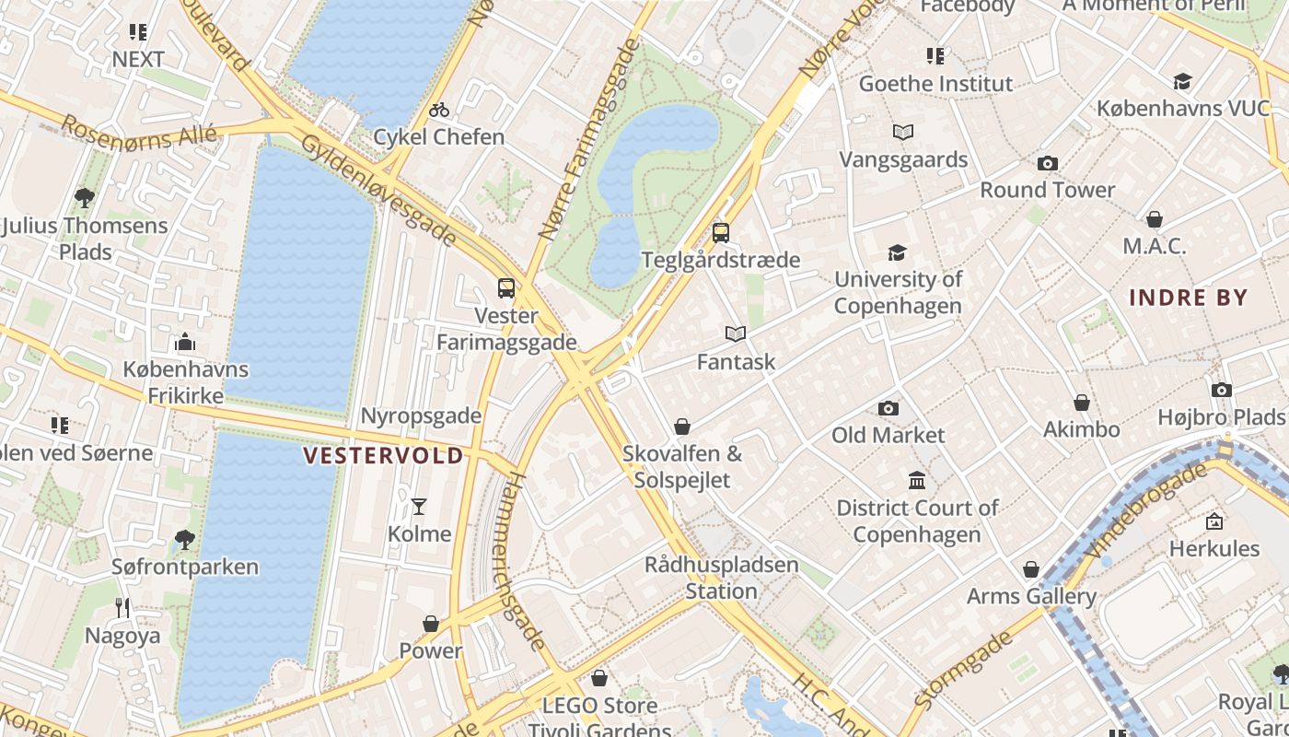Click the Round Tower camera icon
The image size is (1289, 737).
(x=1047, y=164)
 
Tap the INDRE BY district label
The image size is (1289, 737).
(x=1188, y=298)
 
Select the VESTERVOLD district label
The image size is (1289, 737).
(x=383, y=456)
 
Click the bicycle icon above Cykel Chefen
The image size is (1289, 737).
(x=439, y=111)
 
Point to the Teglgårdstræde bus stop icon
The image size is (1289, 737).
(x=721, y=232)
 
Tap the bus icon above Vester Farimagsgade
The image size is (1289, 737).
(x=505, y=288)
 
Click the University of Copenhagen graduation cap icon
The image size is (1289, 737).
(x=897, y=252)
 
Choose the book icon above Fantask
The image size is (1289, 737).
(x=735, y=333)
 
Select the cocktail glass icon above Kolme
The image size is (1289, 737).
(x=419, y=506)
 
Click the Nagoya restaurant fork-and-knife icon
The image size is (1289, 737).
(x=122, y=607)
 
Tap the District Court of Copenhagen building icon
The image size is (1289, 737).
(x=917, y=480)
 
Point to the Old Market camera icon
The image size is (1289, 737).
(x=888, y=408)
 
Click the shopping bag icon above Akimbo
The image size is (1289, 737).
(x=1081, y=403)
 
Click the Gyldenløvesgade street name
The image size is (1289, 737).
(x=378, y=192)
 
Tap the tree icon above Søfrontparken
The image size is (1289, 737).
(x=184, y=539)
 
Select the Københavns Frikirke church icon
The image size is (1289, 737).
(x=185, y=343)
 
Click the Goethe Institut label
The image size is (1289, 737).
(x=935, y=84)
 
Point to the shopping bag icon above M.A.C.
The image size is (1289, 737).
(x=1154, y=219)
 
